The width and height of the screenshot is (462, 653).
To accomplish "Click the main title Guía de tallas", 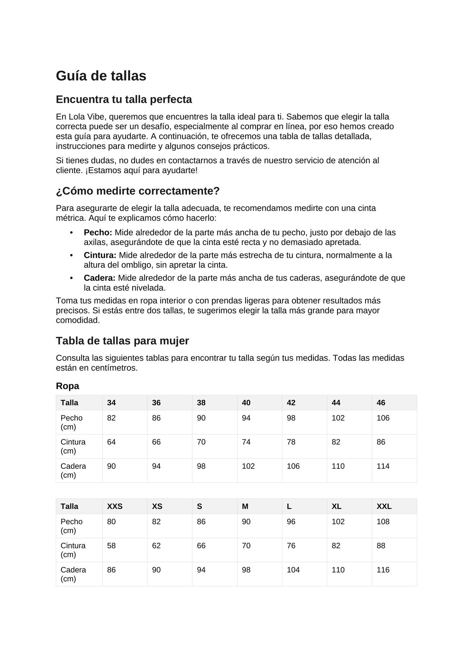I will point(101,76).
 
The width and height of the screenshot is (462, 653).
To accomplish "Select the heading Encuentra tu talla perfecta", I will point(124,99).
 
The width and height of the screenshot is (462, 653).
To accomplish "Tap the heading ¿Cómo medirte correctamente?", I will point(137,191).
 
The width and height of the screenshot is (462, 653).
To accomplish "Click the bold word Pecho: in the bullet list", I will point(98,233).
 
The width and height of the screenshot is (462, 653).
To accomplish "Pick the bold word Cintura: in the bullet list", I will point(100,255).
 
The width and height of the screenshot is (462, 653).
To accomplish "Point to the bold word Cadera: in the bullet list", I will point(99,278).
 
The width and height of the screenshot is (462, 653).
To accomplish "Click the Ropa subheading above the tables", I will point(67,386).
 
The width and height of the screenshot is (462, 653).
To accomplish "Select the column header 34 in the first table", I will point(111,403).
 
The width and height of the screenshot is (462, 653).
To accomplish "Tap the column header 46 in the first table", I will point(381,403).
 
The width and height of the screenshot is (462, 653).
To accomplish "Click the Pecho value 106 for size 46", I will point(383,418).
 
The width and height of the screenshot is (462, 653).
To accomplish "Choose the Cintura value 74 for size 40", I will point(246,442).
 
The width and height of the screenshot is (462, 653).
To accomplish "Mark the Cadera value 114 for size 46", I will point(383,466).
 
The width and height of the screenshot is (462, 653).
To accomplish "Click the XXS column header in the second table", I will point(115,507).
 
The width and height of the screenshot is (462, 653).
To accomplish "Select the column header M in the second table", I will point(245,507).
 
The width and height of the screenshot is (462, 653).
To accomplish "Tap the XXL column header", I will point(384,507).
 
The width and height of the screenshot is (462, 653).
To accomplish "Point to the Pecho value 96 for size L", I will point(291,522).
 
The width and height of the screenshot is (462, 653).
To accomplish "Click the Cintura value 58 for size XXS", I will point(111,546).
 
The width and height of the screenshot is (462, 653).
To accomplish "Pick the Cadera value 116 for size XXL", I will point(383,570).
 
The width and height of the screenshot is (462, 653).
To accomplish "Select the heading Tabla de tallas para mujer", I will point(123,341).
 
